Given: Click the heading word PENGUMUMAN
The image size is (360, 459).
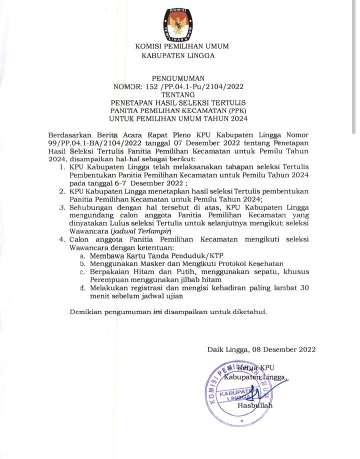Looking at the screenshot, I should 178,78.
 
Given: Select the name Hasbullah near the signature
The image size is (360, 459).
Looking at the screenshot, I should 255,405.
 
